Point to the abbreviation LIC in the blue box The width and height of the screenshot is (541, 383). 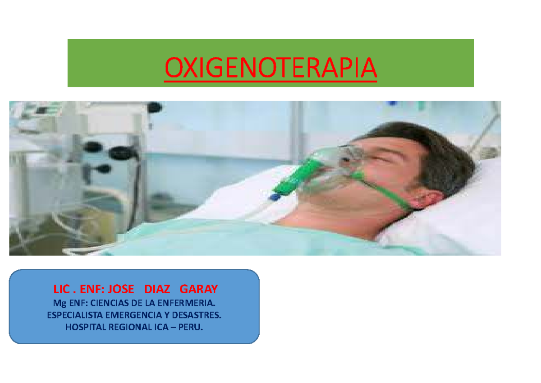pos(61,289)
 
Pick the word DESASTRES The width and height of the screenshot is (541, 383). pos(200,314)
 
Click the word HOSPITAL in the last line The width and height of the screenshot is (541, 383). pos(84,327)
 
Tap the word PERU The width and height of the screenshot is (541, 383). pos(191,327)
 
